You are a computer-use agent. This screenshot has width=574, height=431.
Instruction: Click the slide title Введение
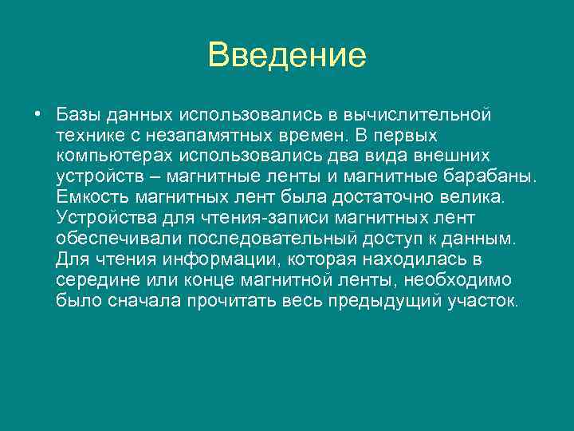tap(286, 55)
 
